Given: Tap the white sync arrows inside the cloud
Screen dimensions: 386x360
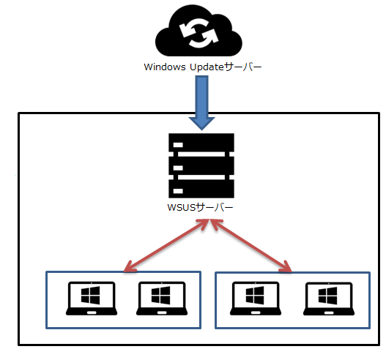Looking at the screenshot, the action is (x=198, y=33).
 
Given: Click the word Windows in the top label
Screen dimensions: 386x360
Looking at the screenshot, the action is (x=165, y=67).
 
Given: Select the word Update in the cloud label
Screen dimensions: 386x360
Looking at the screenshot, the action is (x=207, y=67).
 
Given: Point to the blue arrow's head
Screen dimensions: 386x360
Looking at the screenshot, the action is (x=202, y=124).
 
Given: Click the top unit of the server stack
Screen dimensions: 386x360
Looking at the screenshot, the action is (x=201, y=143).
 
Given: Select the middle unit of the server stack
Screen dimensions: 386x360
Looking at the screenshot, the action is (x=201, y=166).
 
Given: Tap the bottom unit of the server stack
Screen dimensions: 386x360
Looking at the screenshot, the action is (x=201, y=189).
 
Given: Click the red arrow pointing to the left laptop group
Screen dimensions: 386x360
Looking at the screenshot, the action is (x=166, y=246).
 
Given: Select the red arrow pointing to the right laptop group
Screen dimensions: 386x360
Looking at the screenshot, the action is (x=250, y=246).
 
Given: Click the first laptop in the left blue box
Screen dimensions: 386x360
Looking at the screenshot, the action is (x=92, y=299).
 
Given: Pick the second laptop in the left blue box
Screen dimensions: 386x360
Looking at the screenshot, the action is (x=162, y=299).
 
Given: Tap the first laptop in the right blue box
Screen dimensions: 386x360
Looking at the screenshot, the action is (x=256, y=299).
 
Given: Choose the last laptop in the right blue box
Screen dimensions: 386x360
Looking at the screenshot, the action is (x=329, y=299).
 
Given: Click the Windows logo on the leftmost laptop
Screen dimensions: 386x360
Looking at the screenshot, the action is (x=91, y=295).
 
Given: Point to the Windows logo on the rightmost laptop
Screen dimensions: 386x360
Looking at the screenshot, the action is (x=328, y=296).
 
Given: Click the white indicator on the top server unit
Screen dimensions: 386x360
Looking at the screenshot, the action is (x=178, y=145).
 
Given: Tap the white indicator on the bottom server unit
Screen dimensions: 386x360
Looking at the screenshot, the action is (x=178, y=191).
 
